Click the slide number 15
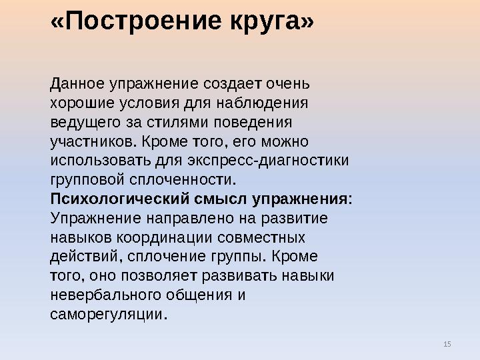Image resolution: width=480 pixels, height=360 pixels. [447, 343]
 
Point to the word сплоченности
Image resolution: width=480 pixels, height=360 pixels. [189, 180]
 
